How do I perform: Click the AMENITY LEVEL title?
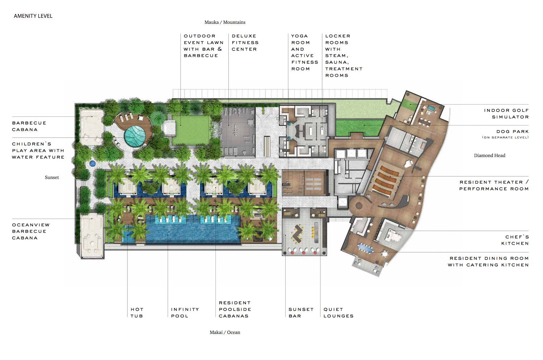[x=33, y=16]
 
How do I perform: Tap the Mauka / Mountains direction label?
[x=225, y=22]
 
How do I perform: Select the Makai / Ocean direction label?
[x=225, y=333]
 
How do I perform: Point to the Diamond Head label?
[x=489, y=156]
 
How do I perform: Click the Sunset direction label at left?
[x=52, y=177]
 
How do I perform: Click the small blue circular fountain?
[x=92, y=164]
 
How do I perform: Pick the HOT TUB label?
[x=137, y=313]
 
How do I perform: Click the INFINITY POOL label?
[x=185, y=313]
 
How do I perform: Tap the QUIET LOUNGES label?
[x=338, y=313]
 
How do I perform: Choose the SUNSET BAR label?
[x=301, y=313]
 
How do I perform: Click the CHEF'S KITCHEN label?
[x=515, y=240]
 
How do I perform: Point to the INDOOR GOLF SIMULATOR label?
[x=506, y=114]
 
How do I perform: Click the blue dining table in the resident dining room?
[x=366, y=249]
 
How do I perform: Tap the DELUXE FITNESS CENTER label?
[x=245, y=43]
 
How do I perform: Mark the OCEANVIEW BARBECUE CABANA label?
[x=31, y=231]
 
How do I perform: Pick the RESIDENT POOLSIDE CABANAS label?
[x=235, y=309]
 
